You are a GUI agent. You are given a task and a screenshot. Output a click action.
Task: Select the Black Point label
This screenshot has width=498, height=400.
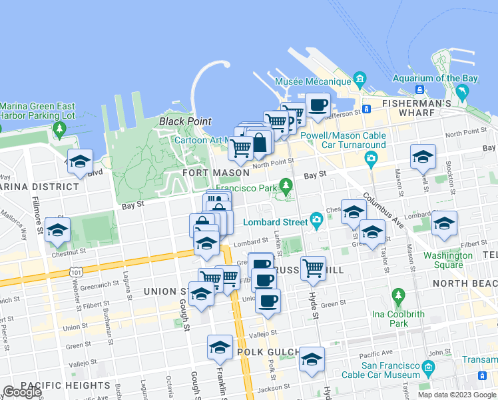[185, 121]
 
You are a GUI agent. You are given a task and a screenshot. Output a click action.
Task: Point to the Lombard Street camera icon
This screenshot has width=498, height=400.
[316, 219]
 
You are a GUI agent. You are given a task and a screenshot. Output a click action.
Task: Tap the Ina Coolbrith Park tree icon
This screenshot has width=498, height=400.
[398, 295]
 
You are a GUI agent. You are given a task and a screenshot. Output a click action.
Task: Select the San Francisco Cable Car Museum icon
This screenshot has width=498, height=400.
[428, 367]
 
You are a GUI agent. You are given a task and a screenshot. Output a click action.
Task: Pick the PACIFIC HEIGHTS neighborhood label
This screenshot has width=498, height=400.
[65, 385]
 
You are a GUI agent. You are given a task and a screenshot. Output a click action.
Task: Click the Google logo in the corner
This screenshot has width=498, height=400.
[22, 392]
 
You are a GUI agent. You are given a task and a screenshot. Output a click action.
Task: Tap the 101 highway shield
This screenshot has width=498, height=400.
[75, 272]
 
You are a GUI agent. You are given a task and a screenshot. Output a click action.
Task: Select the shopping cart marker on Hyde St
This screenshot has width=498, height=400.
[313, 268]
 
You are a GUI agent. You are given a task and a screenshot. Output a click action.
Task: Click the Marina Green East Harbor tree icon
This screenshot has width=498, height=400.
[60, 127]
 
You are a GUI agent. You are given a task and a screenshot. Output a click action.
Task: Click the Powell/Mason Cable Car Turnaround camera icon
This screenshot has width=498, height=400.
[371, 159]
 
